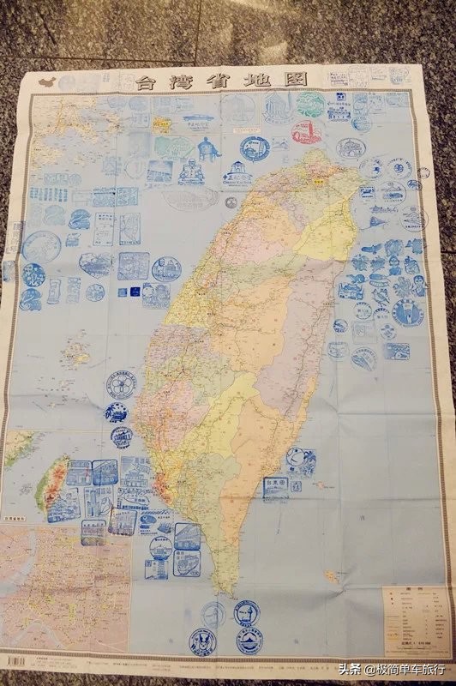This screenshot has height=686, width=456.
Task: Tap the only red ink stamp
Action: [x=304, y=132]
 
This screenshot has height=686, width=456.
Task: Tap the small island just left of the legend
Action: [x=331, y=575]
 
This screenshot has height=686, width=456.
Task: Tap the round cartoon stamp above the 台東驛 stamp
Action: [x=299, y=460]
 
